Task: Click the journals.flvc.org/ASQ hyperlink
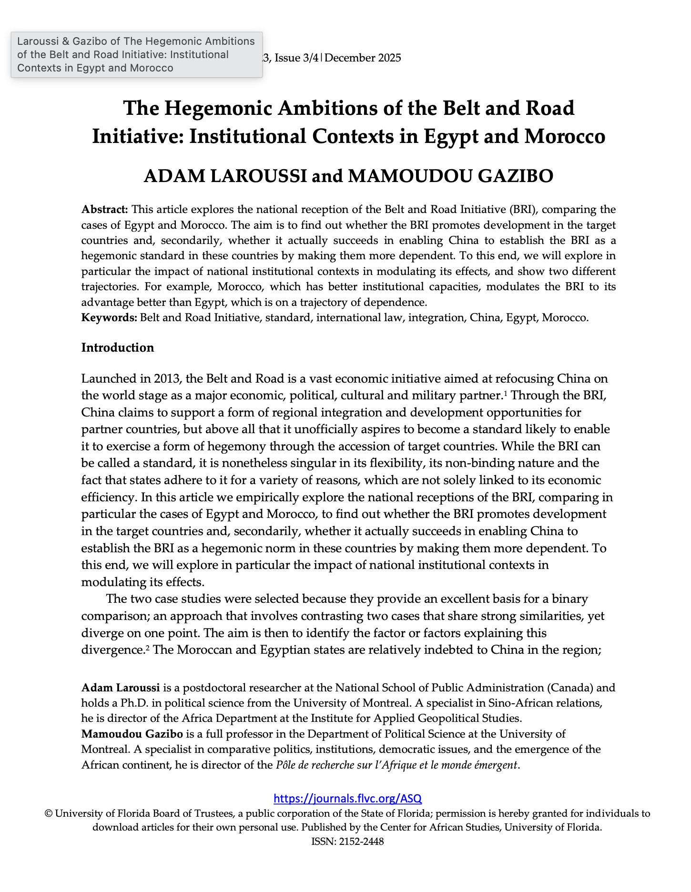(348, 798)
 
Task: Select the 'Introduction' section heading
(118, 347)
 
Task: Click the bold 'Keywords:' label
(109, 317)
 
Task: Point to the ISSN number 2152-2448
(361, 841)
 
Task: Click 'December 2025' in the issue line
(363, 58)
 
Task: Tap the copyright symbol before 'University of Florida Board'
(49, 813)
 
